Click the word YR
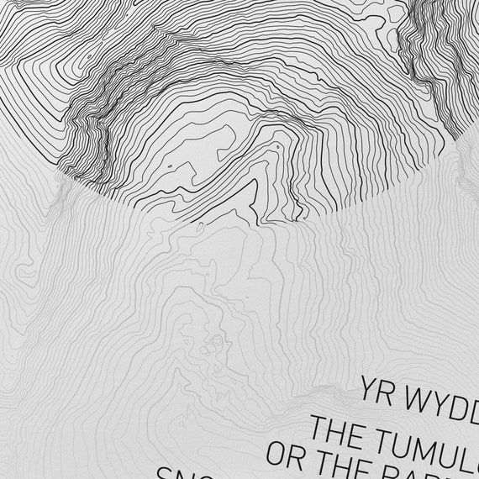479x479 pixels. (377, 391)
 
